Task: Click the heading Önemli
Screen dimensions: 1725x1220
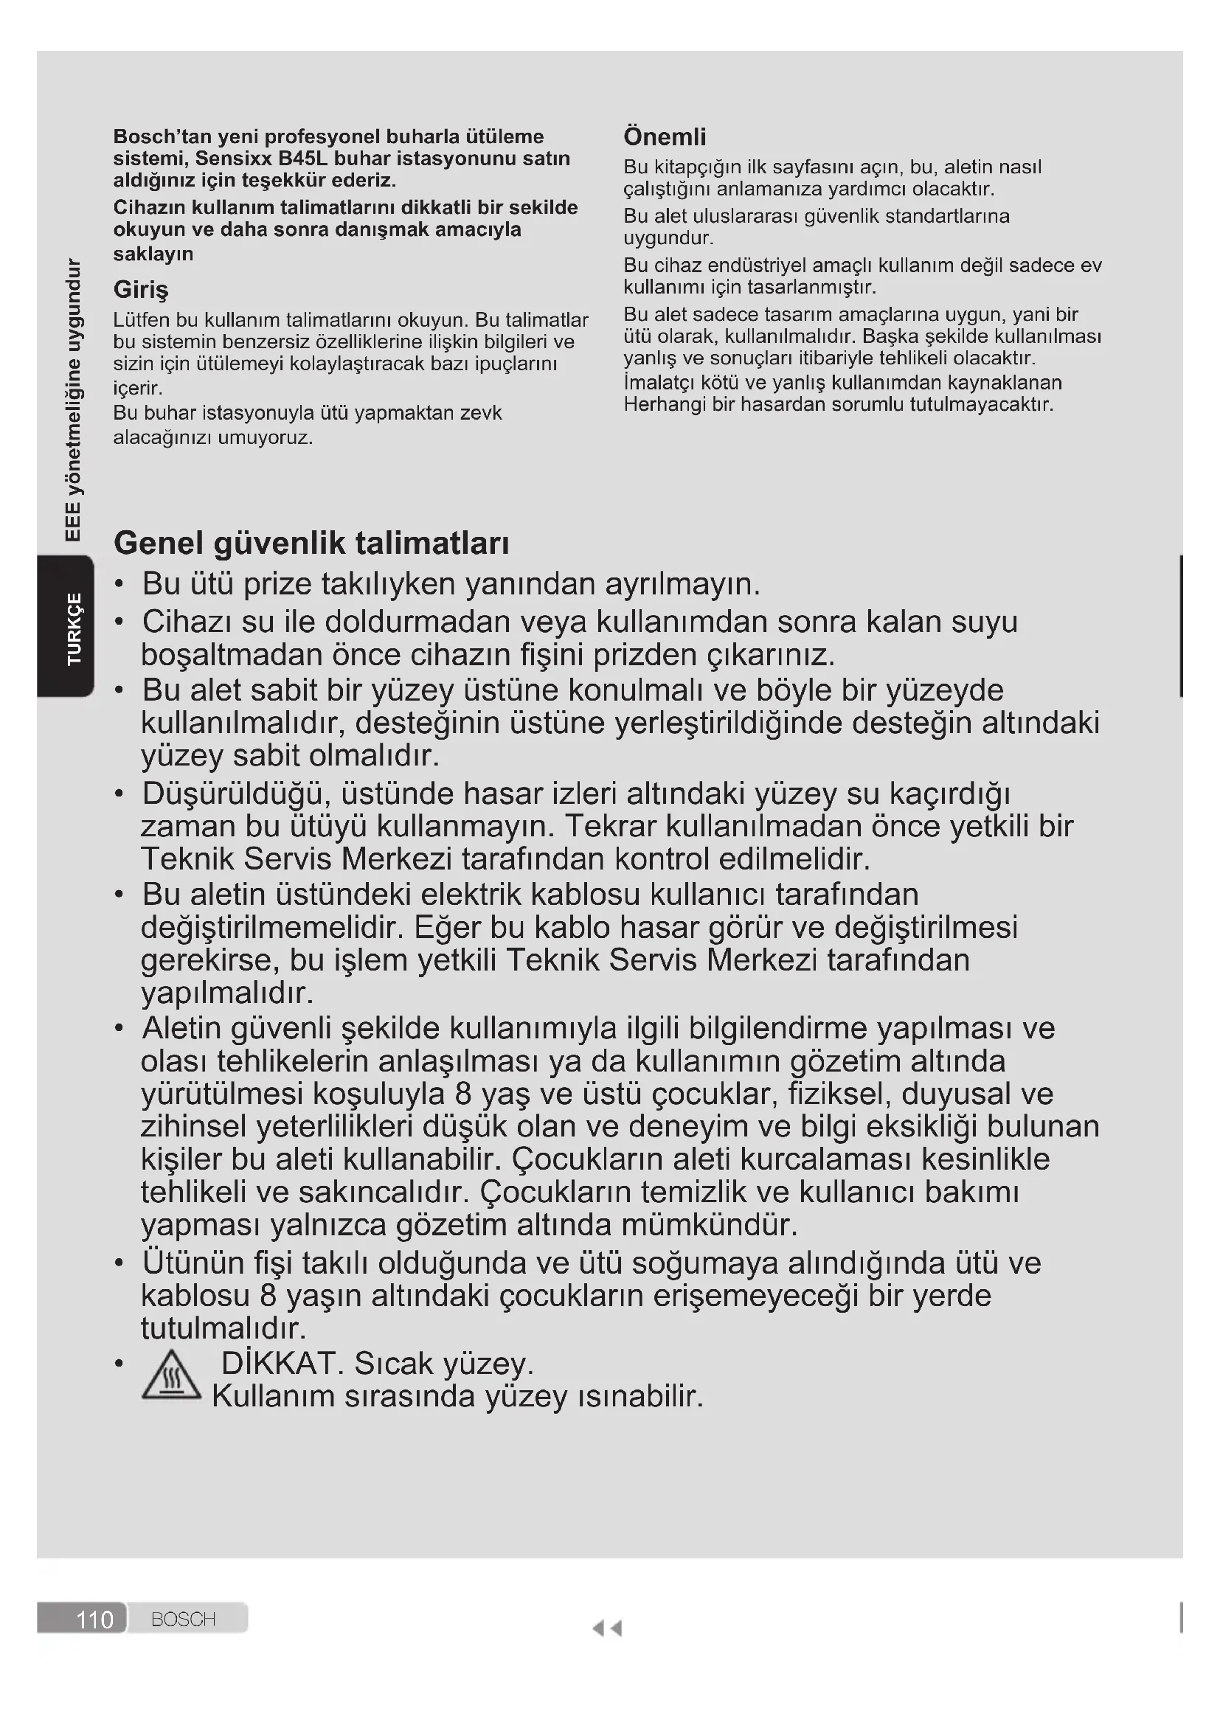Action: (x=664, y=136)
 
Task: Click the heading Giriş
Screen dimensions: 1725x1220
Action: (x=140, y=289)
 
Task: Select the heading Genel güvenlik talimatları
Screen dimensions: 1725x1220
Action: (x=311, y=544)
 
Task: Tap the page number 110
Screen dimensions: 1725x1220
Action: (x=94, y=1618)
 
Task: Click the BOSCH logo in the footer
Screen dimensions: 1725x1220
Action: (x=184, y=1618)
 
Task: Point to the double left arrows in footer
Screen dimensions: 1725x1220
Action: (x=607, y=1628)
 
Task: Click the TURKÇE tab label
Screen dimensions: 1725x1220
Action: (x=74, y=628)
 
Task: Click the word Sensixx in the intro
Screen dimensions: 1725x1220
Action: (x=233, y=159)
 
